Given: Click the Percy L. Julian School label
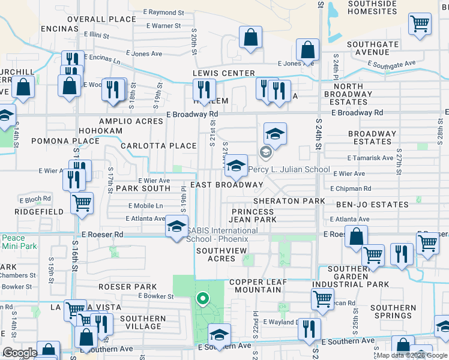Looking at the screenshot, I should tap(289, 169).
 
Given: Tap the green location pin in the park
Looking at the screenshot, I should tap(203, 298).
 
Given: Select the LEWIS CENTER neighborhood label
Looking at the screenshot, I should tap(223, 73).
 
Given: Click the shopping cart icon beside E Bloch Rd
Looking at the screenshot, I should tap(82, 203).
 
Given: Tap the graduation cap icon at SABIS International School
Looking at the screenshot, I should tap(176, 227).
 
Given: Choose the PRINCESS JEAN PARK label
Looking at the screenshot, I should tap(255, 215).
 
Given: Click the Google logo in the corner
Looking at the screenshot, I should tap(20, 353).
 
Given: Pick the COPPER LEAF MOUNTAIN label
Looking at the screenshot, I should tap(255, 286).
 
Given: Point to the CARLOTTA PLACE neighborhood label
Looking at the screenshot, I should tap(158, 146).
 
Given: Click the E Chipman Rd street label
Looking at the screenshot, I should tap(372, 189).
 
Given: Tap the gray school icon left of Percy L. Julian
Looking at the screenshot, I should tap(264, 153).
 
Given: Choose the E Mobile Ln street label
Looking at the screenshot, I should tap(145, 206).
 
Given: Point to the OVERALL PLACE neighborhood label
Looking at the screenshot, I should tap(101, 19).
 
